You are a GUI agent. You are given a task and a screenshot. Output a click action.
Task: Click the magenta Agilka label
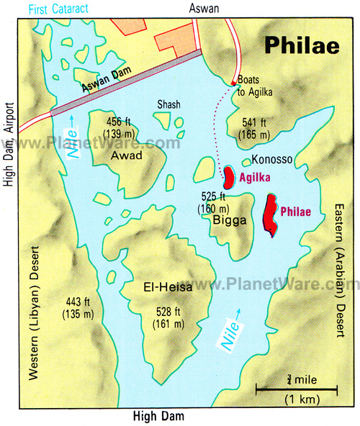262,175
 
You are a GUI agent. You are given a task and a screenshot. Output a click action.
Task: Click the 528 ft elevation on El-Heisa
168,317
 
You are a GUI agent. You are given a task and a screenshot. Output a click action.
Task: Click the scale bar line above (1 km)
297,391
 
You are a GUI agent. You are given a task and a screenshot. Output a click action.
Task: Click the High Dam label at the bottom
158,416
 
